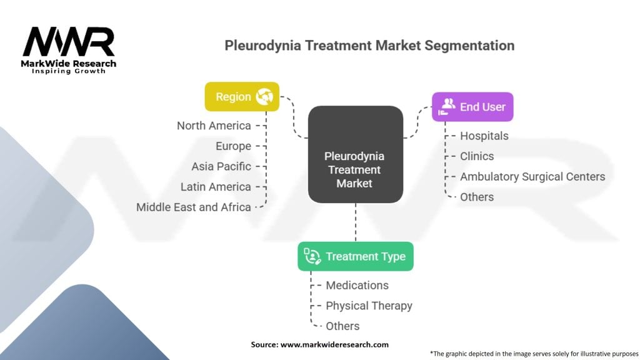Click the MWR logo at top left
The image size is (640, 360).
(69, 44)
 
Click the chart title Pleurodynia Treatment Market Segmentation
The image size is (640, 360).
(369, 46)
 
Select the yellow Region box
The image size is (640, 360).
(242, 97)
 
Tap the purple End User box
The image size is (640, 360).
(472, 107)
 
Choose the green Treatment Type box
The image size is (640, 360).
(355, 256)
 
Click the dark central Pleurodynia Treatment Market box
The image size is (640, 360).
(355, 154)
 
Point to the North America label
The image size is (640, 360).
(214, 126)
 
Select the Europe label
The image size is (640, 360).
(232, 146)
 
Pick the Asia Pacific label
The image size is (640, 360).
(221, 166)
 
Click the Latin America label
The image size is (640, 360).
(216, 187)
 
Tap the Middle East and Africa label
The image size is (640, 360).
(194, 207)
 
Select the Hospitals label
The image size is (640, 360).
(484, 136)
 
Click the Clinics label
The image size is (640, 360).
(477, 156)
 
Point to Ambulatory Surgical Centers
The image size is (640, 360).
(532, 177)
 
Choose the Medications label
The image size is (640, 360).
(357, 285)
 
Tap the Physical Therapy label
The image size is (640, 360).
(369, 306)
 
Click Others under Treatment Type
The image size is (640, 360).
(342, 326)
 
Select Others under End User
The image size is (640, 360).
(477, 197)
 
